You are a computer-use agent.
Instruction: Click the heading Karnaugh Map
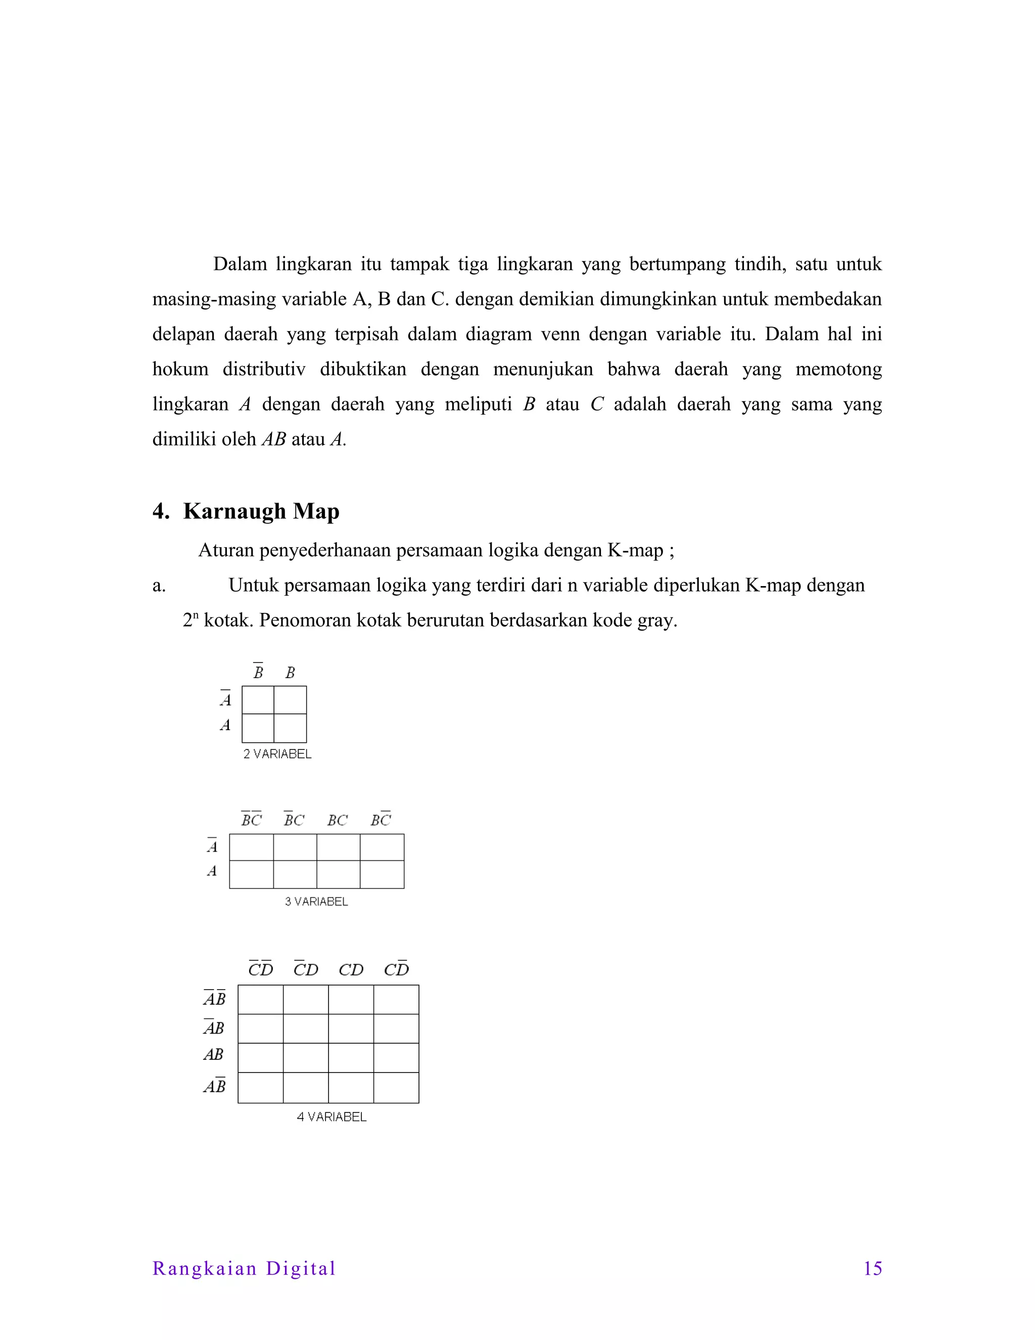coord(261,511)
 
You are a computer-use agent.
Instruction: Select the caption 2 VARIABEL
coord(277,754)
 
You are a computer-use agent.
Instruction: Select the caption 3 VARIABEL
coord(316,901)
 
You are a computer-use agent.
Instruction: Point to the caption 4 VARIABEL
coord(332,1116)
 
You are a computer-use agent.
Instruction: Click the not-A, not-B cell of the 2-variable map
coord(258,700)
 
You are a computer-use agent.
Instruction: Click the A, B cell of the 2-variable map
coord(290,728)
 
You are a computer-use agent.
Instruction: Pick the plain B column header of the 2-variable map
coord(290,673)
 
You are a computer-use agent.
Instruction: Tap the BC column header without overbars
coord(337,820)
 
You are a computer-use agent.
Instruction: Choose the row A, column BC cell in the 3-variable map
coord(339,874)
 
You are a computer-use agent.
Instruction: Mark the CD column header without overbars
coord(351,970)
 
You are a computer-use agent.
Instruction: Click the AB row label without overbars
coord(213,1055)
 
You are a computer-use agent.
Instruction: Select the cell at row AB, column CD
coord(351,1058)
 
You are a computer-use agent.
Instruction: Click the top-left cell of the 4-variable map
coord(261,1000)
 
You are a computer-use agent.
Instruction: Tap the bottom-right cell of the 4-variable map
coord(396,1088)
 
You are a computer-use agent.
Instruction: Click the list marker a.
coord(159,586)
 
